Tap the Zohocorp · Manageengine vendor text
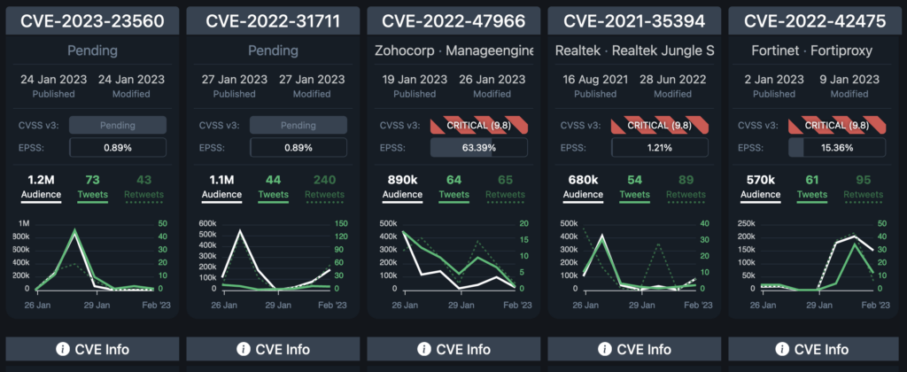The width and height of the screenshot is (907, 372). (453, 51)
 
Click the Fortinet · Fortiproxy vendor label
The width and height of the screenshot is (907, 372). (814, 51)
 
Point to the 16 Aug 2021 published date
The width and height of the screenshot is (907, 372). (595, 80)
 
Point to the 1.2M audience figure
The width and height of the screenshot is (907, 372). (42, 181)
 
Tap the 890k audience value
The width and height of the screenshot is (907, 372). (403, 181)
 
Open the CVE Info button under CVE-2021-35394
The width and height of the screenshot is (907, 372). (633, 349)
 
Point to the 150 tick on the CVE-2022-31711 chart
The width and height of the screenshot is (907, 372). (343, 223)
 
